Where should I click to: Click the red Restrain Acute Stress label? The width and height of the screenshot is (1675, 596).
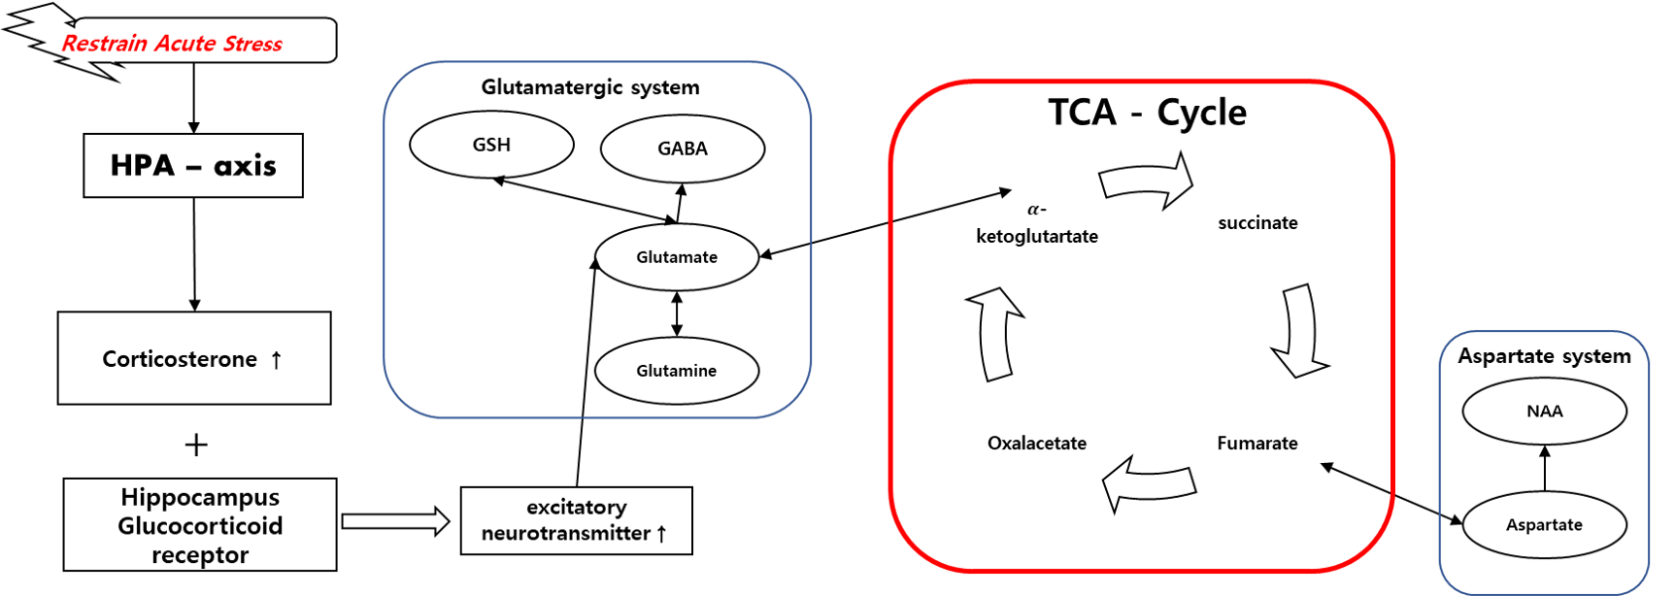click(x=172, y=44)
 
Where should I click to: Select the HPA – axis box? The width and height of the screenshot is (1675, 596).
click(x=193, y=166)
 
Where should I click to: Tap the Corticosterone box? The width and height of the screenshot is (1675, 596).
click(x=193, y=358)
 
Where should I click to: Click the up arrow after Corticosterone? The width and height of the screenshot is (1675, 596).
click(x=277, y=360)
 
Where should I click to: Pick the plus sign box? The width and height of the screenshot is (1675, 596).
click(x=196, y=443)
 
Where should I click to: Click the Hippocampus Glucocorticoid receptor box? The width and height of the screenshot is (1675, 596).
click(x=200, y=525)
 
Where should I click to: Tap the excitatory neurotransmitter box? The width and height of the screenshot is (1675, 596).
click(x=576, y=520)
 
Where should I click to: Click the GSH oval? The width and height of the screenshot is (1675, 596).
click(x=491, y=145)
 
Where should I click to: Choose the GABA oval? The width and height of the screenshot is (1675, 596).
click(x=683, y=149)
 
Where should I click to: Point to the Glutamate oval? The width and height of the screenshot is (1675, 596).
click(x=677, y=257)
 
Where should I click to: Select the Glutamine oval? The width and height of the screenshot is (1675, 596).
click(x=677, y=371)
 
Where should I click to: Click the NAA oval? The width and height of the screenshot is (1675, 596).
click(x=1544, y=412)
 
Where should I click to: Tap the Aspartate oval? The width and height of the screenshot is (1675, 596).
click(x=1544, y=525)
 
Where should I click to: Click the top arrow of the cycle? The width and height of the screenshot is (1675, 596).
click(x=1147, y=181)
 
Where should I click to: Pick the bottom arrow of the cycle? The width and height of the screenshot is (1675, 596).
click(x=1149, y=482)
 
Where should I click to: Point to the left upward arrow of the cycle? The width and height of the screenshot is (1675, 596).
click(x=994, y=333)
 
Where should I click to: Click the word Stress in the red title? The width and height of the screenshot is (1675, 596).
click(x=252, y=44)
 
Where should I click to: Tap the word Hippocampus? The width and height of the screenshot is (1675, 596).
click(x=200, y=497)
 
